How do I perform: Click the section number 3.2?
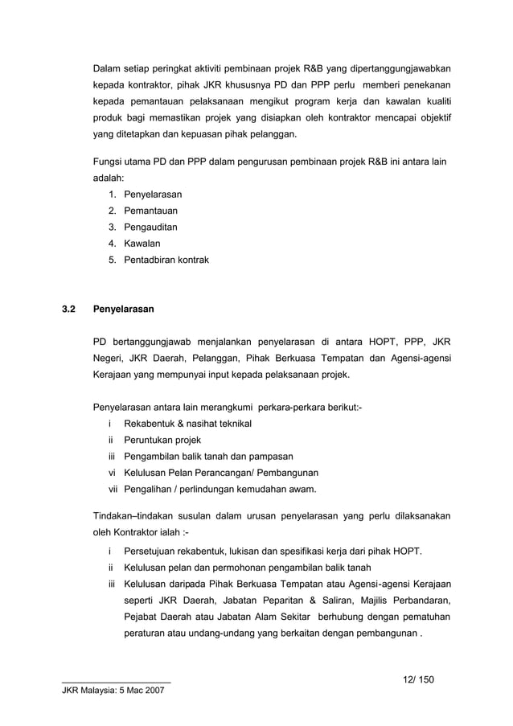[x=69, y=309]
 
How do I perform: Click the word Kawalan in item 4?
[x=142, y=243]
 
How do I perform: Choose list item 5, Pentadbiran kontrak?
[x=166, y=260]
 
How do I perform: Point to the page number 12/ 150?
[x=418, y=679]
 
